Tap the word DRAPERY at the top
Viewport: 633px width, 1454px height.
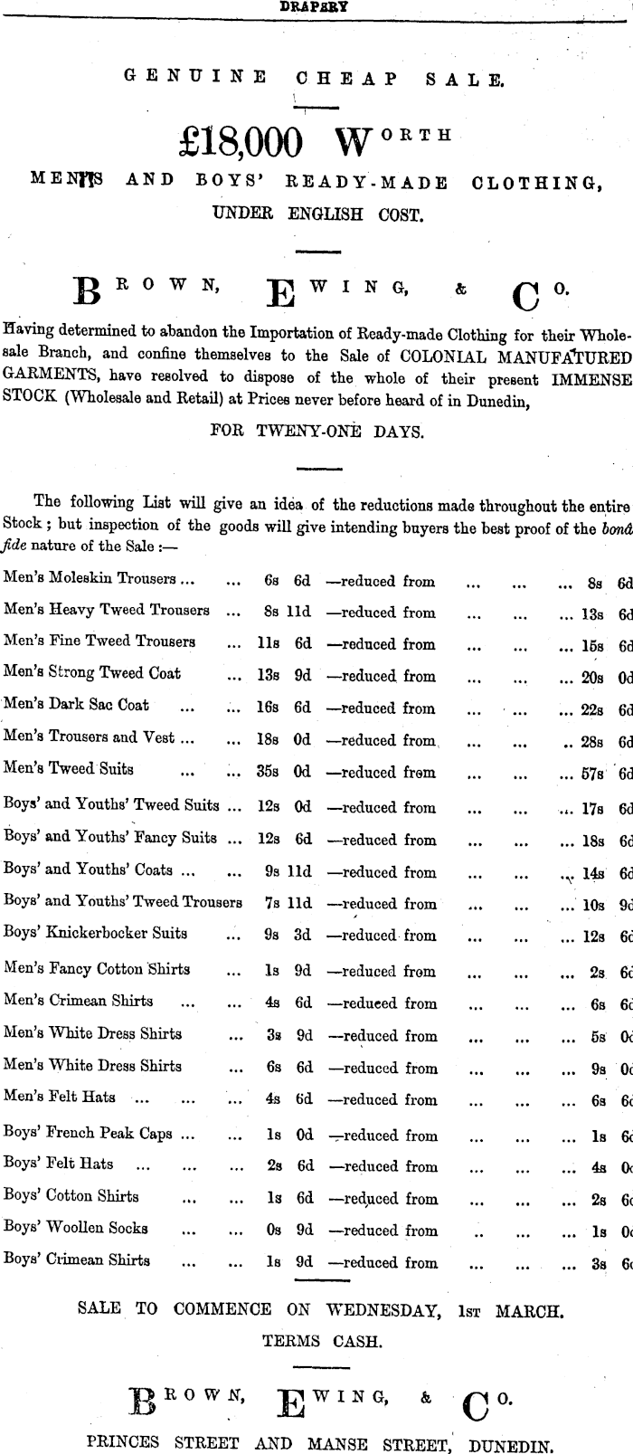[314, 5]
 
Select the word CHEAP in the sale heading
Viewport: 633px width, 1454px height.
[346, 79]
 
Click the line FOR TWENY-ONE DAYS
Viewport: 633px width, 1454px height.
[316, 432]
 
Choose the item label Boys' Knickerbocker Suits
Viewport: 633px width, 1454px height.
[96, 933]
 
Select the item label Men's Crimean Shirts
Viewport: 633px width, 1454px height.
[79, 1002]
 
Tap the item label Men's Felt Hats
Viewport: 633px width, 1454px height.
[60, 1098]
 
